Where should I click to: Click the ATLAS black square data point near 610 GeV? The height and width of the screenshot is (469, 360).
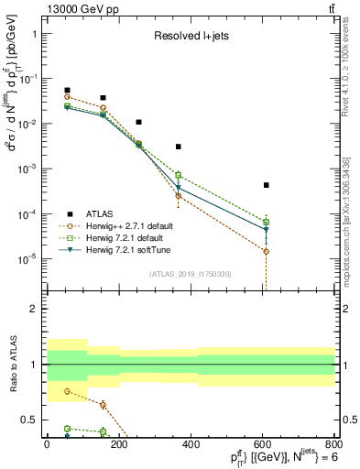266,185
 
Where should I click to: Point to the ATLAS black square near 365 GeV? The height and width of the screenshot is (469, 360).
179,147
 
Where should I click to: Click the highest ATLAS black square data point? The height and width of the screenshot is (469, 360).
68,91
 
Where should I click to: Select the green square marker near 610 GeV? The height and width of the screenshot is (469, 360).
266,222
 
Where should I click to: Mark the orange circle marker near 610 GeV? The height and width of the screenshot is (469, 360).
266,251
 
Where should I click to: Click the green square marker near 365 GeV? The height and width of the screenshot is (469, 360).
179,175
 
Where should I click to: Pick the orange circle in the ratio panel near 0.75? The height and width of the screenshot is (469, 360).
68,391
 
